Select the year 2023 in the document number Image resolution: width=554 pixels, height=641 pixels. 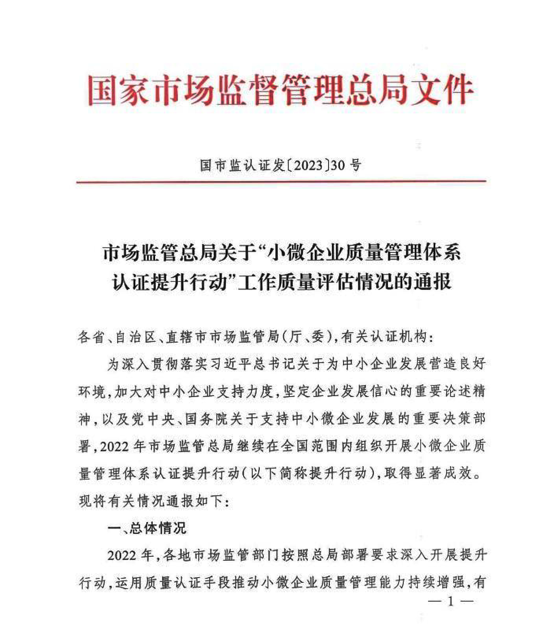point(307,166)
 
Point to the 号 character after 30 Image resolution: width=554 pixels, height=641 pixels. point(356,166)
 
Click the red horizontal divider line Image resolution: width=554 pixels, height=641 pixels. point(281,182)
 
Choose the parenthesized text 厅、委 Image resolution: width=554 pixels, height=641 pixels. point(308,337)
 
